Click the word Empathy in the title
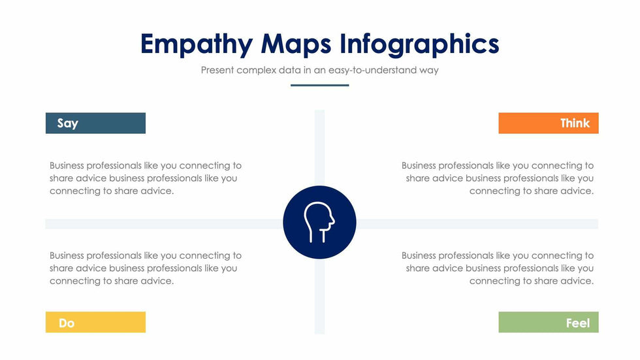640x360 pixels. pos(197,44)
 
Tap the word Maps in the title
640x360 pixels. pos(296,44)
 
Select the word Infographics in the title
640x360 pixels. pos(419,44)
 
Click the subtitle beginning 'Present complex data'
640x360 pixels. pos(319,70)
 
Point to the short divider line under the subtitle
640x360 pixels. pos(319,85)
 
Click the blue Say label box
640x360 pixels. pos(95,123)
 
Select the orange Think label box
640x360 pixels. pos(549,123)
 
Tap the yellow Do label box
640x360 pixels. pos(95,322)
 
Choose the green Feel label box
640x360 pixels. pos(549,322)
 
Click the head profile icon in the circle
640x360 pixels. pos(319,222)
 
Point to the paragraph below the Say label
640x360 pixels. pos(146,178)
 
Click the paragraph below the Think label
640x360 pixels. pos(498,178)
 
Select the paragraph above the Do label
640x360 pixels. pos(146,268)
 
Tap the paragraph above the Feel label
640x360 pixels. pos(498,268)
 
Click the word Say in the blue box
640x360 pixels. pos(68,123)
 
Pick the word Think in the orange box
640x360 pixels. pos(575,123)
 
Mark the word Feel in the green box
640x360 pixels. pos(578,323)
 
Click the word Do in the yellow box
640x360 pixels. pos(67,323)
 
